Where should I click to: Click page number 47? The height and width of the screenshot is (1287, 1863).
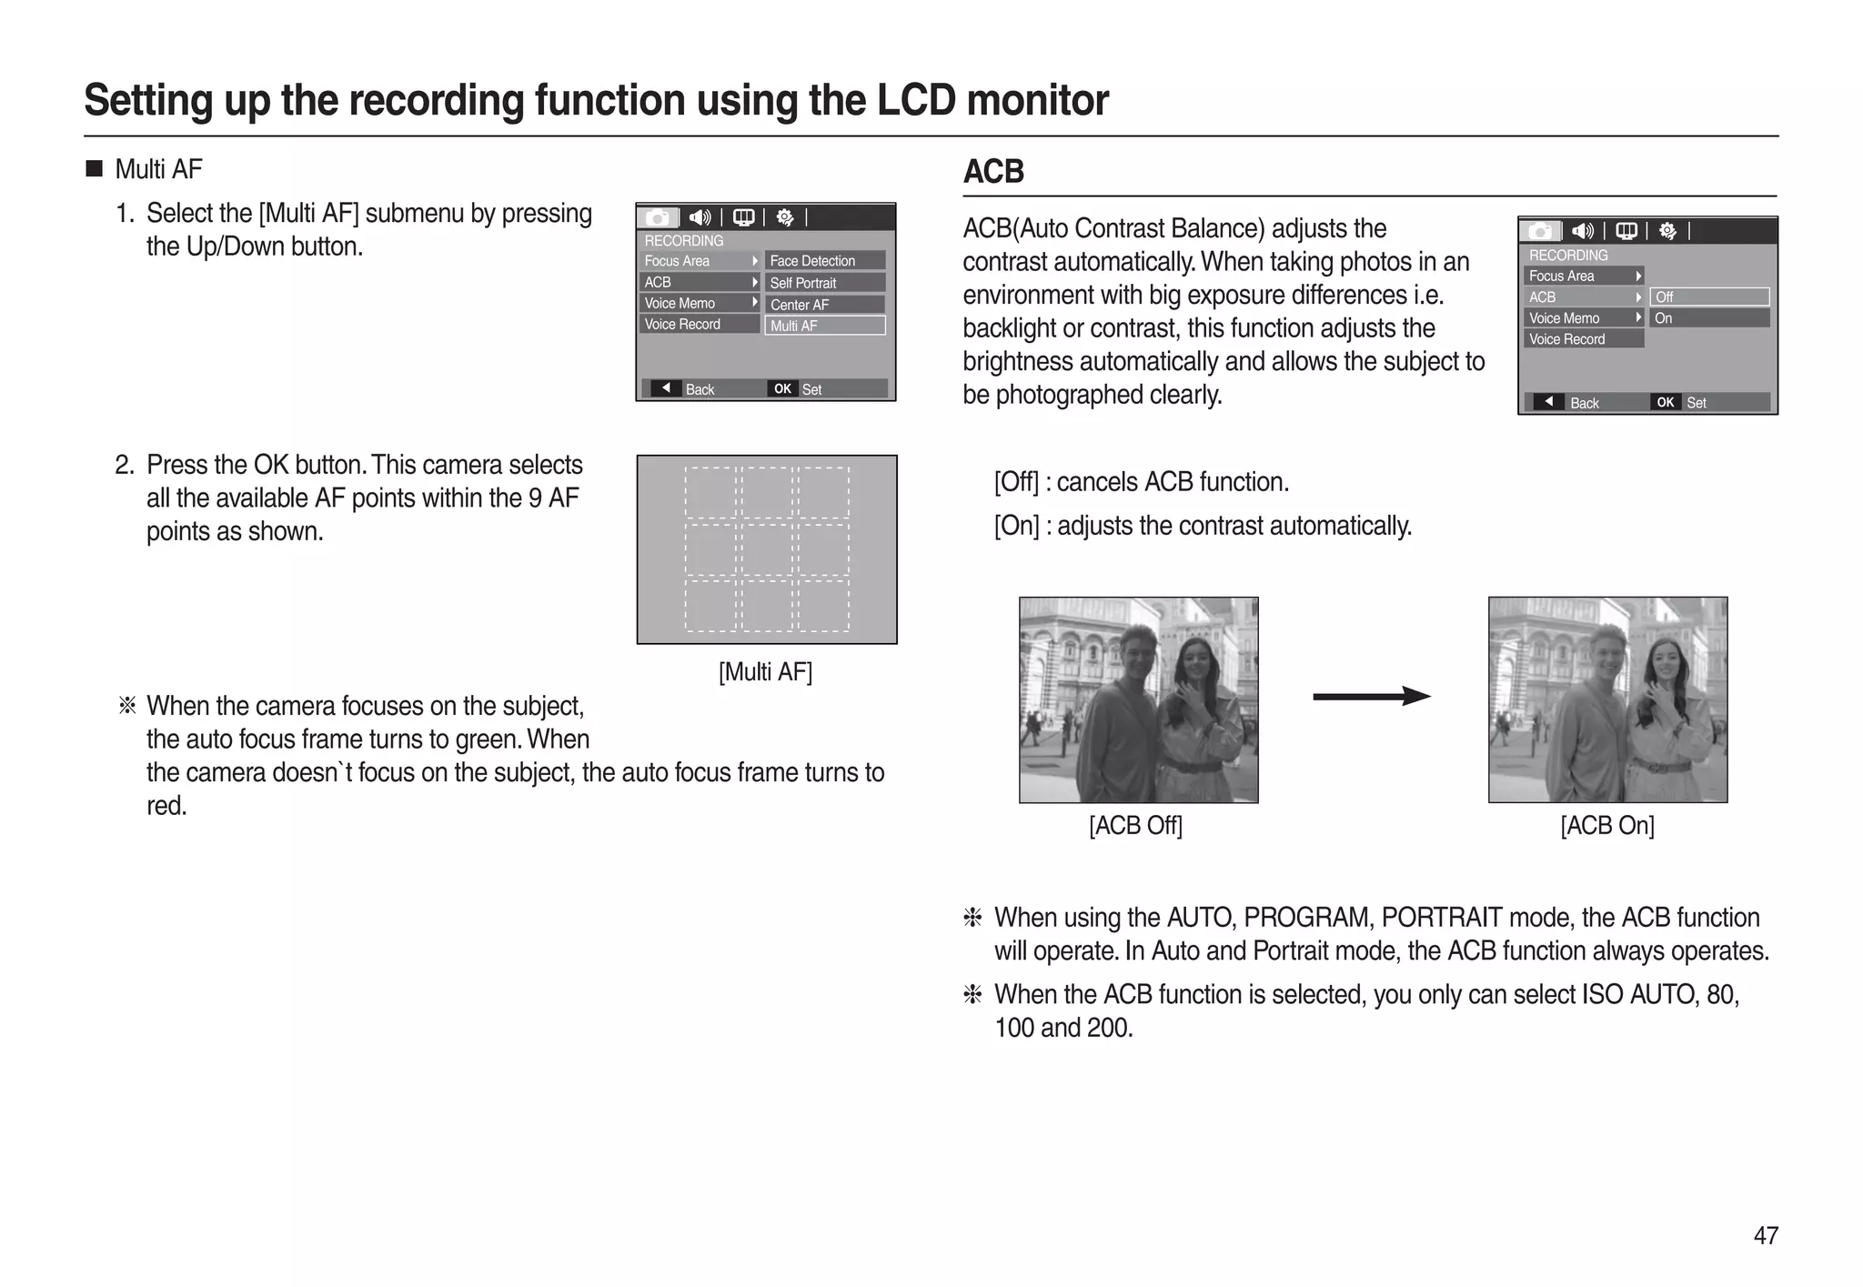[x=1765, y=1235]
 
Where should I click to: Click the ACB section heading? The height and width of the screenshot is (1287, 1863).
[x=993, y=172]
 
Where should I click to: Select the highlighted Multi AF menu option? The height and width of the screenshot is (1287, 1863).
[x=824, y=326]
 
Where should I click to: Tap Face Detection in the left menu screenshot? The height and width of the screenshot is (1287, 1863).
[x=824, y=261]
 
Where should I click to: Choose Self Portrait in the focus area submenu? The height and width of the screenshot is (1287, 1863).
[x=824, y=283]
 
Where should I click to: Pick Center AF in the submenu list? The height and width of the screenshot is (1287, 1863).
[x=824, y=305]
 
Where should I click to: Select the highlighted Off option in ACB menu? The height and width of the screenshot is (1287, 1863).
[x=1708, y=297]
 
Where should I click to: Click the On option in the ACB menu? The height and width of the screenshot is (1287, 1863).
[x=1708, y=318]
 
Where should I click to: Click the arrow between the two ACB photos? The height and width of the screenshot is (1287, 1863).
[x=1372, y=697]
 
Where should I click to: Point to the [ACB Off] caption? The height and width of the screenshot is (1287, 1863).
[x=1135, y=826]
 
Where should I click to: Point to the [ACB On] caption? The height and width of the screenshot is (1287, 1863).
[x=1606, y=826]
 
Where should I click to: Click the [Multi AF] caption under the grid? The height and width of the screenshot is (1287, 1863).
[x=765, y=672]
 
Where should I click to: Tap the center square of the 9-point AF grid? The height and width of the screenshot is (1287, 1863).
[x=767, y=548]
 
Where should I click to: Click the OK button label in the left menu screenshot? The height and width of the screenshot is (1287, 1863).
[x=782, y=389]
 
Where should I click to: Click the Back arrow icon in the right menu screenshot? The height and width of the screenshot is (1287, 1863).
[x=1548, y=402]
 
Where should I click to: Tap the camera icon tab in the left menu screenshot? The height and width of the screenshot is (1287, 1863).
[x=658, y=217]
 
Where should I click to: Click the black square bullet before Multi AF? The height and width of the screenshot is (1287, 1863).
[x=94, y=169]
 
